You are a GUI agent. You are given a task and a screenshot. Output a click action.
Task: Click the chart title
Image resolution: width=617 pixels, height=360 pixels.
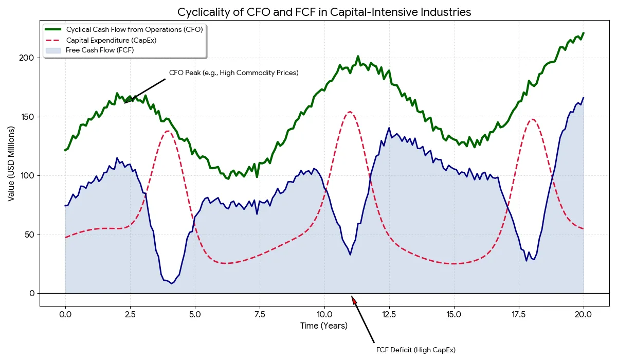tap(324, 12)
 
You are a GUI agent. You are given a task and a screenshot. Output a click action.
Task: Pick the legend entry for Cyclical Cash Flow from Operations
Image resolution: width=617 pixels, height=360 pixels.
tap(134, 29)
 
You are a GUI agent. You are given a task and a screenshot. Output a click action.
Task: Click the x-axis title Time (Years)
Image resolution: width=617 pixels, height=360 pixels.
tap(324, 326)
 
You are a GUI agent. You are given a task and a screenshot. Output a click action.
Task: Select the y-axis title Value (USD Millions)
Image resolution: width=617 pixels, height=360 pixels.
tap(11, 163)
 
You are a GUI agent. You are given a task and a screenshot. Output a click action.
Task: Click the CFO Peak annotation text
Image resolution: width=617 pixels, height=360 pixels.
tap(234, 73)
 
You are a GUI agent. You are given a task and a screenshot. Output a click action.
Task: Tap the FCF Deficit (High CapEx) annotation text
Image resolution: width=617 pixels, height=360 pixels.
tap(416, 350)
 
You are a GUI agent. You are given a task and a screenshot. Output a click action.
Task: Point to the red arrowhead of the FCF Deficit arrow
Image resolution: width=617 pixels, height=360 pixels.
tap(353, 299)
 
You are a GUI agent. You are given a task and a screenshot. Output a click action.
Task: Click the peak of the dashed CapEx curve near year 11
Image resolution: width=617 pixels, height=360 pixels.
tap(350, 112)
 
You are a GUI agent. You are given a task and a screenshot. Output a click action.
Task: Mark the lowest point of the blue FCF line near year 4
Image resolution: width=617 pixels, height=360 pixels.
tap(172, 283)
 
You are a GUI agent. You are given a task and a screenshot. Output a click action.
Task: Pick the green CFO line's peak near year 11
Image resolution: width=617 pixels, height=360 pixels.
tap(358, 57)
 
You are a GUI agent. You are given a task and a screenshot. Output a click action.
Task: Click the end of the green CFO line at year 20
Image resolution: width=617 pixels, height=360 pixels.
tap(584, 33)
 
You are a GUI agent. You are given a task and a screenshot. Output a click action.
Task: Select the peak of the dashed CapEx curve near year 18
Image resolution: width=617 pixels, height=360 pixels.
tap(532, 119)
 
